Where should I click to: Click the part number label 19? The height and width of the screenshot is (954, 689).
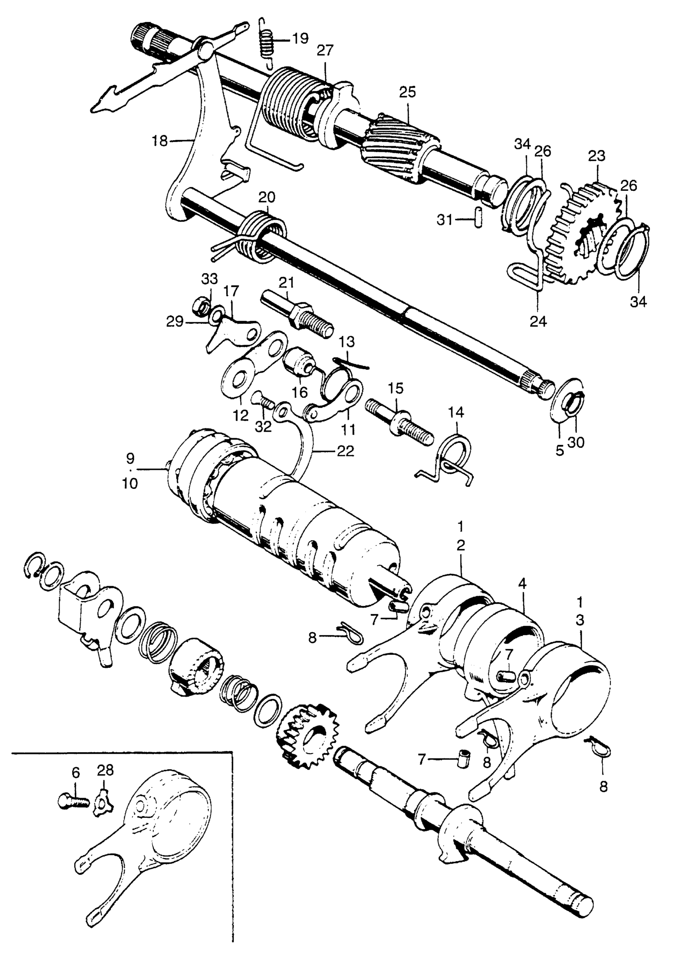click(x=300, y=39)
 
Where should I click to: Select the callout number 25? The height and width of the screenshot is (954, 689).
click(x=407, y=92)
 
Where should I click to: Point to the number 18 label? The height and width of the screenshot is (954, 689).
click(x=160, y=141)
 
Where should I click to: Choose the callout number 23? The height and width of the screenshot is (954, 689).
click(x=597, y=156)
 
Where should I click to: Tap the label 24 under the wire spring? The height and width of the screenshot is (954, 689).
click(x=538, y=322)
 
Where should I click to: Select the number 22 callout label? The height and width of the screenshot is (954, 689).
click(x=345, y=451)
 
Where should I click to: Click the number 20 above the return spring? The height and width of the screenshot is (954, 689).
click(x=267, y=197)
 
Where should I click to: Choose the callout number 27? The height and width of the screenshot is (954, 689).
click(x=325, y=51)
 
